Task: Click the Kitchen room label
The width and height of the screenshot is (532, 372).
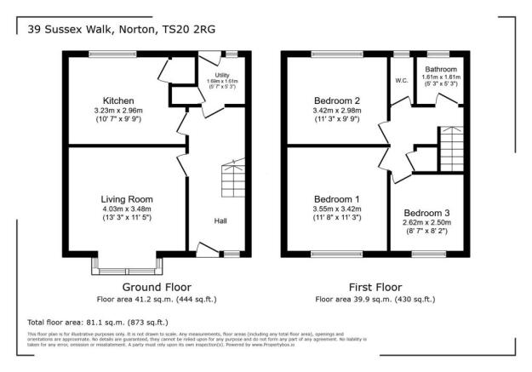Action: click(119, 100)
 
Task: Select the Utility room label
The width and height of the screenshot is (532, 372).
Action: click(223, 75)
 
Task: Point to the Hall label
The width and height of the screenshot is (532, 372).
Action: click(220, 221)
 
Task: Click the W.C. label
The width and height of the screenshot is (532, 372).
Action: click(401, 82)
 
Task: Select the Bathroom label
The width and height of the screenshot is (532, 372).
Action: click(442, 69)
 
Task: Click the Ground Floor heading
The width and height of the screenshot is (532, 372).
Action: click(157, 287)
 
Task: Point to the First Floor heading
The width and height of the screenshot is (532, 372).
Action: click(375, 287)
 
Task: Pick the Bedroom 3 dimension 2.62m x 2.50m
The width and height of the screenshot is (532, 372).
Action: click(427, 221)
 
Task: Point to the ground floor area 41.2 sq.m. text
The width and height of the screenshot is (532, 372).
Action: click(157, 300)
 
